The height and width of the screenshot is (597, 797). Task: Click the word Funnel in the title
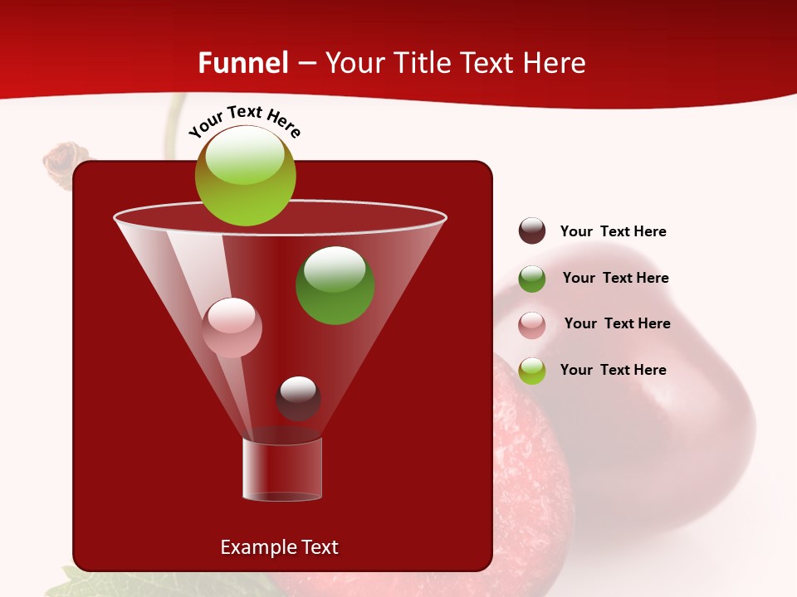click(x=242, y=63)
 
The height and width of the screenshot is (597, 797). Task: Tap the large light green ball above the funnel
click(x=246, y=176)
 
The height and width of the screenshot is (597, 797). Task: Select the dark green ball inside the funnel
click(x=335, y=285)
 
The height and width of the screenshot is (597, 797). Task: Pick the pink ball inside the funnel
click(x=232, y=328)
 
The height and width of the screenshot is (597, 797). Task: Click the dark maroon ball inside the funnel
click(x=298, y=398)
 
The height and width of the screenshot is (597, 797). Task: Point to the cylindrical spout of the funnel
click(x=282, y=469)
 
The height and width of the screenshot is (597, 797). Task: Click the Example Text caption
click(x=279, y=547)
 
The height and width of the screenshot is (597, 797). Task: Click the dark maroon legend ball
click(x=532, y=231)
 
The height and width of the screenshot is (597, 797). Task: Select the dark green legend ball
click(x=532, y=279)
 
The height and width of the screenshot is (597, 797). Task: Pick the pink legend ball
click(x=532, y=324)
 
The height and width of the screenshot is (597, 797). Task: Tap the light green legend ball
click(x=532, y=371)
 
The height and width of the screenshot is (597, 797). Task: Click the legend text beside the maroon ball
click(x=613, y=231)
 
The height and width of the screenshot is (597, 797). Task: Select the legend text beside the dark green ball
click(x=615, y=278)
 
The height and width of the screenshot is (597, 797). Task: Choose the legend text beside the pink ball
click(x=617, y=323)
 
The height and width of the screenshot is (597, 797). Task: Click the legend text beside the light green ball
click(x=613, y=370)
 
